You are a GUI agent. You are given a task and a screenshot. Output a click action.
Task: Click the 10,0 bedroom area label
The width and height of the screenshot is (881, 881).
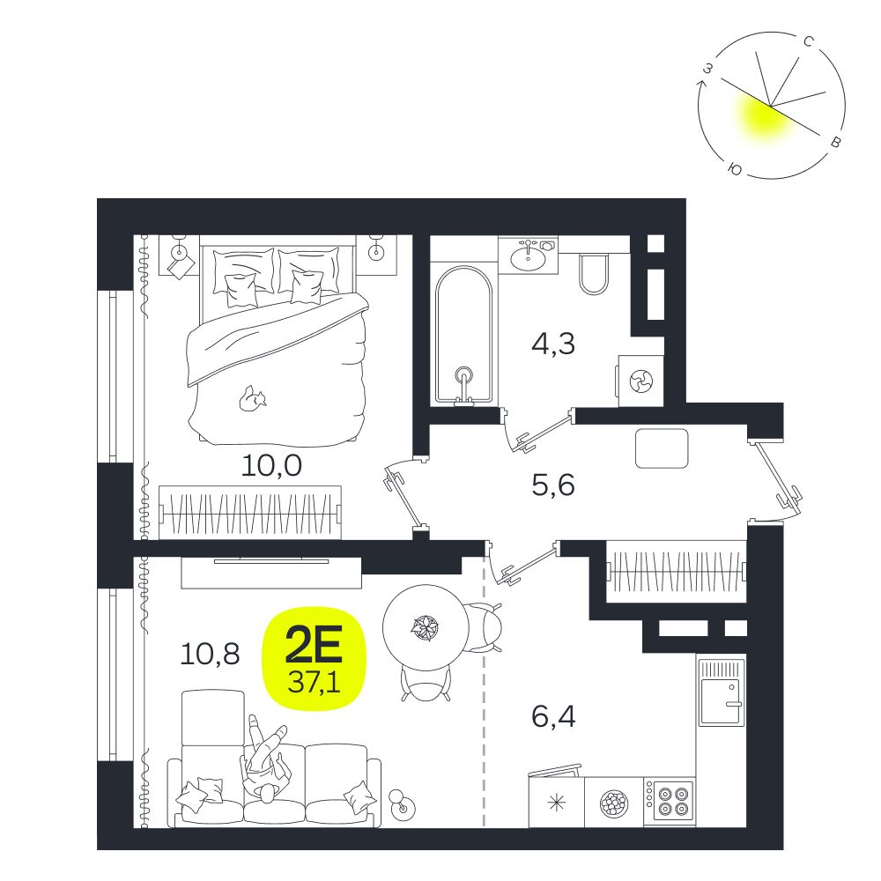click(271, 466)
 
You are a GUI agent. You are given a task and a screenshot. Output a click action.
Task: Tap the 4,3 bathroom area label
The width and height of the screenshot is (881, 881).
click(553, 344)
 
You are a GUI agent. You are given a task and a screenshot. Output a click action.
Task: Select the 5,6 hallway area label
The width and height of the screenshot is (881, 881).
click(553, 485)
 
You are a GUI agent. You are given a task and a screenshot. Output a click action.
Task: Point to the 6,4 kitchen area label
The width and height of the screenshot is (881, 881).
click(553, 717)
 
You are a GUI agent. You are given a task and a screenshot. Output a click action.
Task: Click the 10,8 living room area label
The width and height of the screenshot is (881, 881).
click(211, 655)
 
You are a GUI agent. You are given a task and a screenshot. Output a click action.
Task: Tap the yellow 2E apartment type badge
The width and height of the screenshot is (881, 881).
click(315, 658)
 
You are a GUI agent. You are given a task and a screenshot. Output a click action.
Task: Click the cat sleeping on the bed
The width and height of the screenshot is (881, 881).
click(252, 398)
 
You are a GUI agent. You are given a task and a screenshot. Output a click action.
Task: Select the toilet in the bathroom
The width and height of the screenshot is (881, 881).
click(593, 274)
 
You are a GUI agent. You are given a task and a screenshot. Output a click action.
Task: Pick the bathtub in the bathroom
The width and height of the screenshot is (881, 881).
click(463, 336)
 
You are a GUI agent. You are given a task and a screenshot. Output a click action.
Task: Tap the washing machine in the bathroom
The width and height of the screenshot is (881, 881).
click(641, 381)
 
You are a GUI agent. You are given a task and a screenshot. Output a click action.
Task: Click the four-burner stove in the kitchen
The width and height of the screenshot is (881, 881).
click(670, 802)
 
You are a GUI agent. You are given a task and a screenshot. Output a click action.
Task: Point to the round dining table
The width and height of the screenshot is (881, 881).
click(426, 627)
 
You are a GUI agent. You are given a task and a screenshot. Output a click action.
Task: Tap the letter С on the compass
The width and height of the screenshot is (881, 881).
click(809, 42)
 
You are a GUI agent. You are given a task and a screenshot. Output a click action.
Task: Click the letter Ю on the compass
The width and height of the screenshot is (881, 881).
click(734, 168)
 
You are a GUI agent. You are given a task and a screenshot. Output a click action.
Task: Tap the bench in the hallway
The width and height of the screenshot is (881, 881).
click(662, 448)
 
